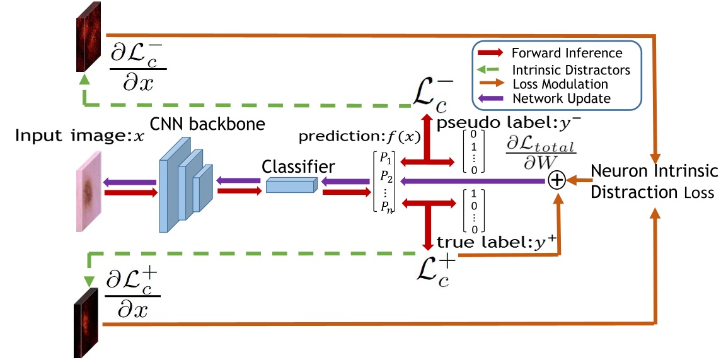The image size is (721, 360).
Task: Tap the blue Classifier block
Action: (290, 184)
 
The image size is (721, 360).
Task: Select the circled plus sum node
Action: (556, 182)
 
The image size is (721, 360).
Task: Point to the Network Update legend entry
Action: (562, 98)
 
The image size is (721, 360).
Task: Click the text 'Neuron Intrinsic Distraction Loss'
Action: (652, 181)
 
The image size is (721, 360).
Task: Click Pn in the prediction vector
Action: (386, 205)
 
